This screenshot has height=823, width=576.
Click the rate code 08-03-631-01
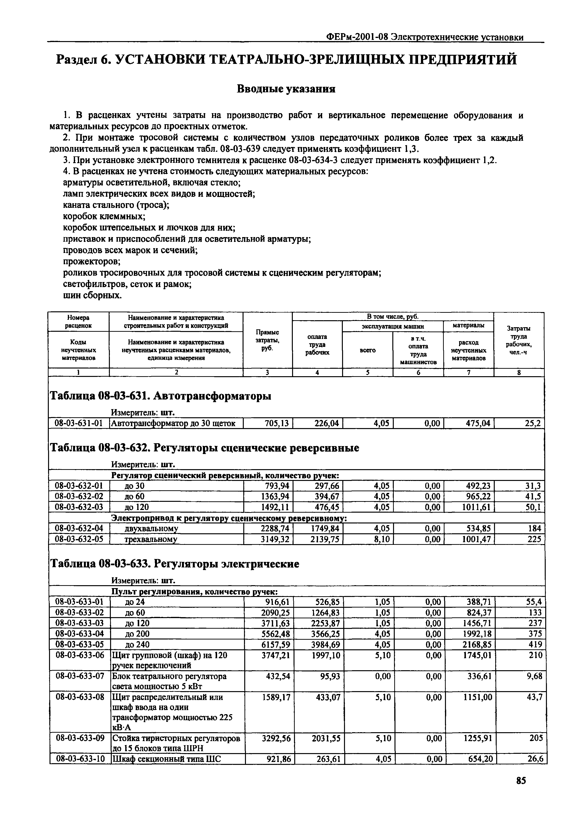(79, 423)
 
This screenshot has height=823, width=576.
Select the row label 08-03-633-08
(80, 697)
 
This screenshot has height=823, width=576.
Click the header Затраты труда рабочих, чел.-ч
(518, 340)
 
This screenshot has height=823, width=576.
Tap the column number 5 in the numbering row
(367, 372)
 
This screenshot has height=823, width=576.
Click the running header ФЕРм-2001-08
(357, 37)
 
